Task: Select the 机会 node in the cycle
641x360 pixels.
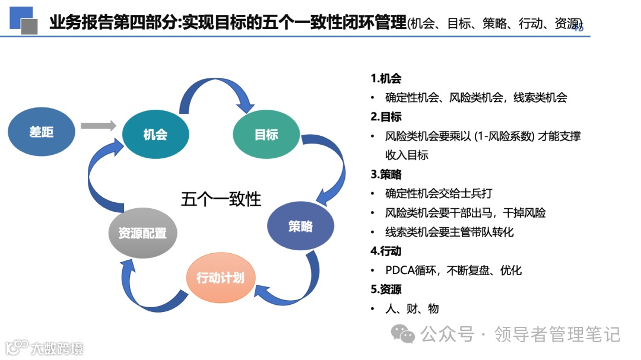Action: click(155, 135)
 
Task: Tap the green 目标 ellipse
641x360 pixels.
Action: click(266, 135)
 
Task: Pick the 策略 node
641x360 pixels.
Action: click(300, 226)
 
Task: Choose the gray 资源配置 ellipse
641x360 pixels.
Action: click(142, 232)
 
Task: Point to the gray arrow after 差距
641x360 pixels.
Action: click(98, 126)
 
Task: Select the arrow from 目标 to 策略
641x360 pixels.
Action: click(332, 166)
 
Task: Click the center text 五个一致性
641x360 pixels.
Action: click(221, 199)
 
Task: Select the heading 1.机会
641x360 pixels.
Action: click(386, 79)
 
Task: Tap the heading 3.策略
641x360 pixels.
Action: click(386, 174)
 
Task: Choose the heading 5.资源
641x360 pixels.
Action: click(386, 289)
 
